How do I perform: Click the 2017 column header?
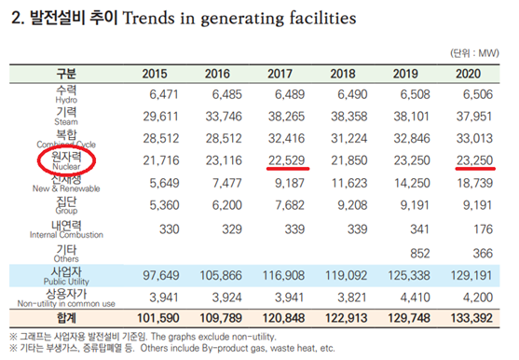click(280, 73)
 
